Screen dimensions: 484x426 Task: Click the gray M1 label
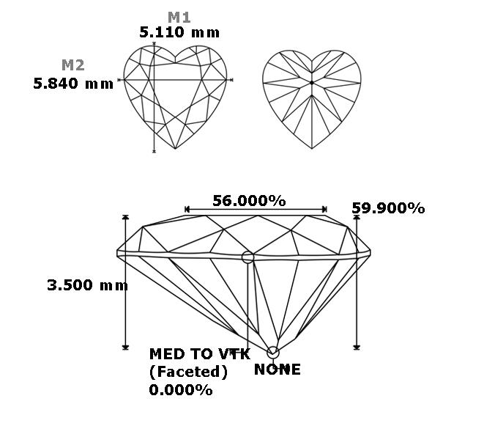pyautogui.click(x=179, y=18)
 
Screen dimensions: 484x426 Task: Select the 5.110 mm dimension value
pyautogui.click(x=179, y=32)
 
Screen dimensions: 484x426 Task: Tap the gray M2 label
pyautogui.click(x=72, y=65)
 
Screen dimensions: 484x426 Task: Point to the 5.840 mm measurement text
pyautogui.click(x=73, y=84)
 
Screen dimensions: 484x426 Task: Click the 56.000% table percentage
pyautogui.click(x=249, y=201)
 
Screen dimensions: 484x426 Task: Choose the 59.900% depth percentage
pyautogui.click(x=388, y=208)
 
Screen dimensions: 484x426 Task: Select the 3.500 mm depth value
pyautogui.click(x=87, y=285)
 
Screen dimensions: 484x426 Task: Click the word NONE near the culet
pyautogui.click(x=278, y=370)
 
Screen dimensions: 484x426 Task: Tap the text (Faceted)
pyautogui.click(x=188, y=372)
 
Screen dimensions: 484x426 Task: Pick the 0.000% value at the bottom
pyautogui.click(x=181, y=390)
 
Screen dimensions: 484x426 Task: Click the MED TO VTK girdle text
pyautogui.click(x=199, y=354)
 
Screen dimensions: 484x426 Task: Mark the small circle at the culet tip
pyautogui.click(x=273, y=353)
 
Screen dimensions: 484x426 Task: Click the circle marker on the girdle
pyautogui.click(x=247, y=257)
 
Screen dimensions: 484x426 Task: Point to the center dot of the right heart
pyautogui.click(x=312, y=83)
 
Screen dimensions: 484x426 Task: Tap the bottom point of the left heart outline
pyautogui.click(x=175, y=149)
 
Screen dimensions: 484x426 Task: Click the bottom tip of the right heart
pyautogui.click(x=312, y=149)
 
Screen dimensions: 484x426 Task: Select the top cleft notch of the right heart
pyautogui.click(x=312, y=61)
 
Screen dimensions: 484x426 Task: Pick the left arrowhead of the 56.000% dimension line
pyautogui.click(x=187, y=209)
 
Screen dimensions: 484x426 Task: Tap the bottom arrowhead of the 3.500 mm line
pyautogui.click(x=125, y=347)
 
